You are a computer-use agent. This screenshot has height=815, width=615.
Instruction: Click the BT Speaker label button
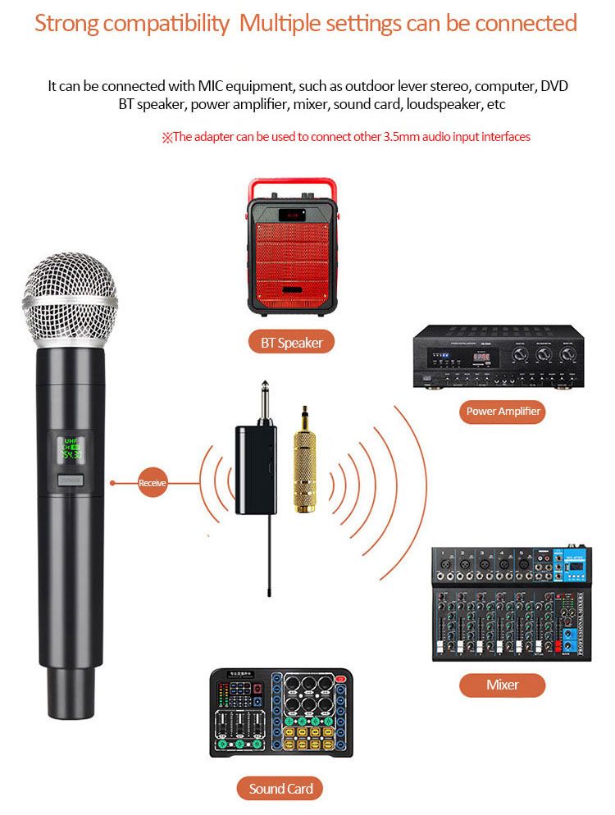pyautogui.click(x=291, y=343)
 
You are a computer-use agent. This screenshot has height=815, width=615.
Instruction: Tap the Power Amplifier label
pyautogui.click(x=503, y=411)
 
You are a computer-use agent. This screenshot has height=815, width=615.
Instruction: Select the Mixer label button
pyautogui.click(x=502, y=685)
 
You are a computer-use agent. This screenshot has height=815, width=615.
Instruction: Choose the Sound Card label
pyautogui.click(x=280, y=789)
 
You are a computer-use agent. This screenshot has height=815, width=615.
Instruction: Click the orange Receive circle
pyautogui.click(x=152, y=484)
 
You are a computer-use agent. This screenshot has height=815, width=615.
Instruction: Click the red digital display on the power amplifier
pyautogui.click(x=482, y=357)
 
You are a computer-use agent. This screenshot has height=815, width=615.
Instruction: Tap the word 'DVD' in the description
pyautogui.click(x=553, y=86)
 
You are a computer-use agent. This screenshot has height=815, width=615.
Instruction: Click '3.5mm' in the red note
pyautogui.click(x=402, y=137)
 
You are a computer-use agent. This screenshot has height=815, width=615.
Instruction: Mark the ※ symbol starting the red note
pyautogui.click(x=166, y=138)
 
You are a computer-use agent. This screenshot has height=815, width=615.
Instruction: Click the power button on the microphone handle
pyautogui.click(x=70, y=481)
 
